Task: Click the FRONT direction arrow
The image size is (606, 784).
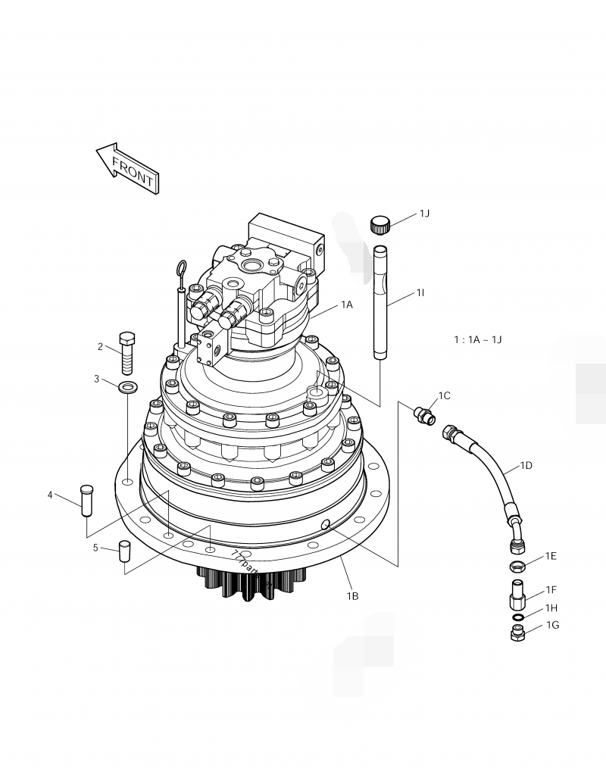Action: [x=126, y=168]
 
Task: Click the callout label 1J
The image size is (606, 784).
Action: [x=424, y=214]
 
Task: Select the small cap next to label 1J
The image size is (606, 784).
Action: [x=380, y=224]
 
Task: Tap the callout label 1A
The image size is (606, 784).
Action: [x=346, y=305]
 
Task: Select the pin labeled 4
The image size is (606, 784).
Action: [x=86, y=500]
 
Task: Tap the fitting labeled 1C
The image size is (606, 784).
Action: [x=423, y=414]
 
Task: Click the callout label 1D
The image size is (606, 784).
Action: [x=526, y=465]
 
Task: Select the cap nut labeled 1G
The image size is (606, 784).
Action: [x=517, y=633]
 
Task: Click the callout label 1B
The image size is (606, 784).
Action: [x=352, y=596]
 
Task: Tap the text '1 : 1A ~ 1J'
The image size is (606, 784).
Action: [x=477, y=339]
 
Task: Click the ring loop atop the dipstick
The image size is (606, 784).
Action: [x=182, y=267]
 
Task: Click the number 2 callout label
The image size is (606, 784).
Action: [x=100, y=347]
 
